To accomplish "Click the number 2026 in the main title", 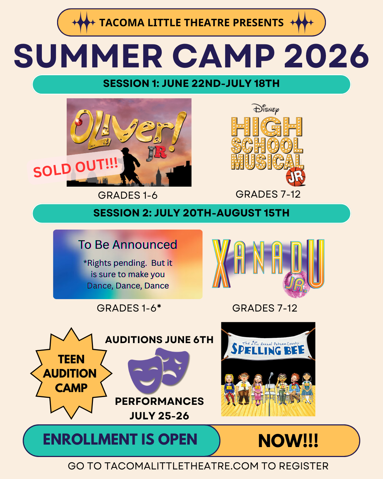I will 326,56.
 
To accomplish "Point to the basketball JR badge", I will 296,177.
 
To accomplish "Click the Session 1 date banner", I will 191,84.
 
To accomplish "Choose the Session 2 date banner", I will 191,213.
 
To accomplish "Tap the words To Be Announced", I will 128,245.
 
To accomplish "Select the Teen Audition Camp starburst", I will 71,373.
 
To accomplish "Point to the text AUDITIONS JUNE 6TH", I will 159,340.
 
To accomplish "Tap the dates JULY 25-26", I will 159,416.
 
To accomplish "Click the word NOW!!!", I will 288,441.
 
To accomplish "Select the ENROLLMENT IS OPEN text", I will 120,440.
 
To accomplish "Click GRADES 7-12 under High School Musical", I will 268,194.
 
